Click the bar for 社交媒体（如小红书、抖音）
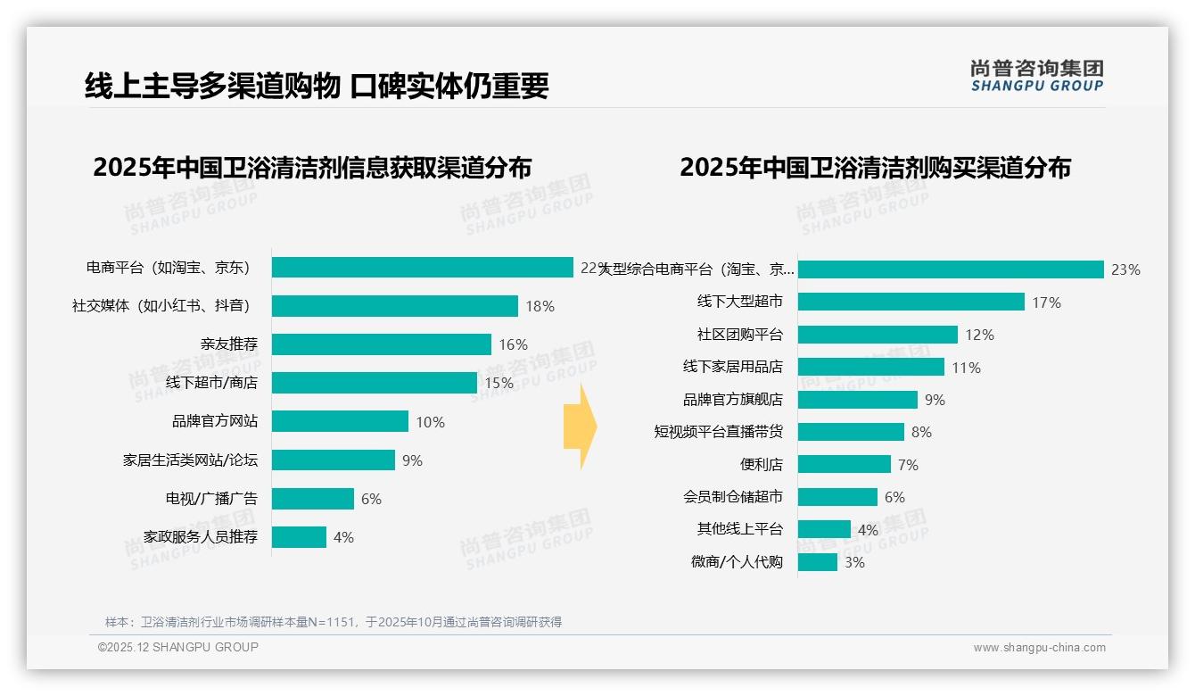[394, 306]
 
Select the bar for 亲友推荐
[381, 344]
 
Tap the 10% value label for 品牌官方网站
[430, 422]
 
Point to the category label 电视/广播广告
[211, 499]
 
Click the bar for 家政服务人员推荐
[299, 537]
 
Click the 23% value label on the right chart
[1125, 269]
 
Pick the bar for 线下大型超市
[911, 302]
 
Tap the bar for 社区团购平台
[878, 335]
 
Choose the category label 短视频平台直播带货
[718, 432]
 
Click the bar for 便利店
[844, 465]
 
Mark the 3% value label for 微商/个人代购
[854, 562]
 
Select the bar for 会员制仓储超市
[837, 497]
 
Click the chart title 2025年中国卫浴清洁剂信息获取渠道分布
[312, 168]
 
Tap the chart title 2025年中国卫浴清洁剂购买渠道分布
[875, 168]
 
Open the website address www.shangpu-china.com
[1039, 648]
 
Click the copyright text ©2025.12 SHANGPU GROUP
[178, 647]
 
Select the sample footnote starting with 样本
[334, 622]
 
